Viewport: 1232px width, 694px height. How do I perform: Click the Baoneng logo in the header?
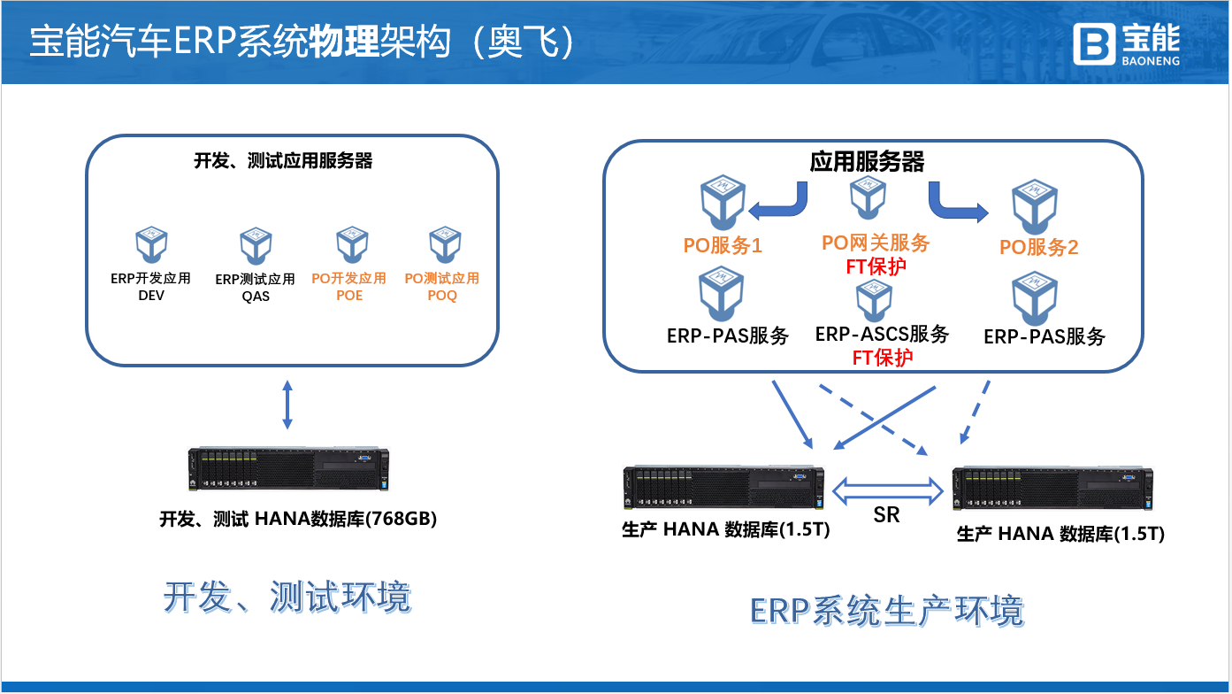[x=1126, y=42]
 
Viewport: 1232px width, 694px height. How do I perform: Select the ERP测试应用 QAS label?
[x=256, y=288]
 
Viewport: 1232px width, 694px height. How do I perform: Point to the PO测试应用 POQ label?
[x=442, y=287]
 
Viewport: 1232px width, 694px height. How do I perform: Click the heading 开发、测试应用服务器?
[x=283, y=161]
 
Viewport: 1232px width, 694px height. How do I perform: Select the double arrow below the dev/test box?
[x=286, y=405]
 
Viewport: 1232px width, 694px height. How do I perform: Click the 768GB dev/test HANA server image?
[x=288, y=470]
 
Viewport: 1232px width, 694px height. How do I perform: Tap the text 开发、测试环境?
[x=287, y=598]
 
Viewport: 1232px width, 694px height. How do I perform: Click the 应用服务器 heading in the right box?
[x=867, y=161]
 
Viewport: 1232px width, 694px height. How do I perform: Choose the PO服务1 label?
[x=723, y=246]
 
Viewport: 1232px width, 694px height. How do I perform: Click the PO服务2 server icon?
[x=1036, y=203]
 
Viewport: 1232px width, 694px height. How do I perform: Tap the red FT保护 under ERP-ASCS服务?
[x=882, y=358]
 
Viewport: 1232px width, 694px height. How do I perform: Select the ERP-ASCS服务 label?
[x=882, y=335]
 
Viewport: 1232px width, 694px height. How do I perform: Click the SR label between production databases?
[x=886, y=514]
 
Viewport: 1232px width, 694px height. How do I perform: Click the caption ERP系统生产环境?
[x=886, y=611]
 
